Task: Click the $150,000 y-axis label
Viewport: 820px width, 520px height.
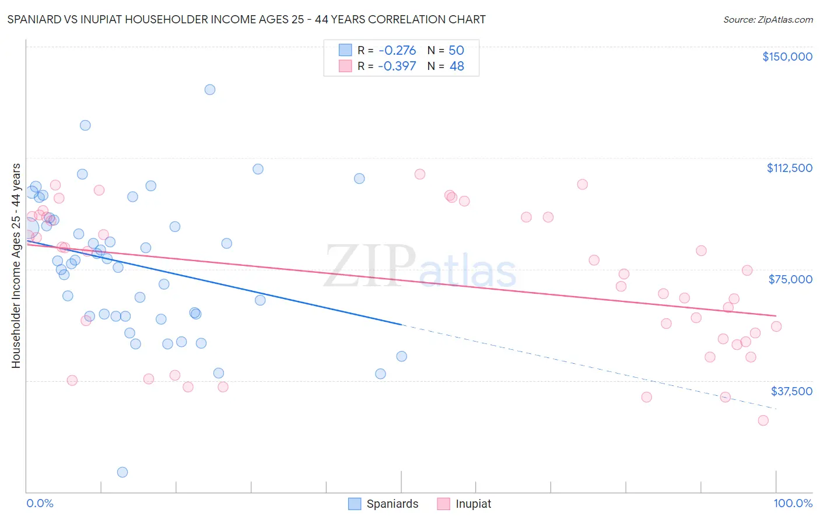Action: tap(787, 57)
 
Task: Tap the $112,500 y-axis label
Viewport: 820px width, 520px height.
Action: tap(789, 168)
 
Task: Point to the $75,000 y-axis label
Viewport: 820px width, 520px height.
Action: tap(790, 279)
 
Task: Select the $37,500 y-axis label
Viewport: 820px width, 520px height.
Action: tap(791, 391)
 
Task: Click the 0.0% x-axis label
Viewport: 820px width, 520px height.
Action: tap(40, 504)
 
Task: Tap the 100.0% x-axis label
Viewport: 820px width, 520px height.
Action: tap(793, 504)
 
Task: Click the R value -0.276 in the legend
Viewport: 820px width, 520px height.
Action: tap(397, 51)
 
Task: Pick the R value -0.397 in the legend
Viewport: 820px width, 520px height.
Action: tap(397, 66)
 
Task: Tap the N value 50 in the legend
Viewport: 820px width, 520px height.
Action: tap(456, 51)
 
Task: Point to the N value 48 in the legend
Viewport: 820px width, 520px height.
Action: tap(457, 66)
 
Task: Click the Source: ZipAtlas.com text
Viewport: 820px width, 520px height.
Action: tap(768, 20)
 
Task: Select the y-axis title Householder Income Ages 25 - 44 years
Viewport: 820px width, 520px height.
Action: tap(16, 266)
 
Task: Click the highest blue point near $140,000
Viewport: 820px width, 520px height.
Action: tap(210, 90)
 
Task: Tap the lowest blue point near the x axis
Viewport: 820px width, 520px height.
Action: tap(122, 472)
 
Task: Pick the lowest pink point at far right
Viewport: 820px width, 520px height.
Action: tap(763, 420)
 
